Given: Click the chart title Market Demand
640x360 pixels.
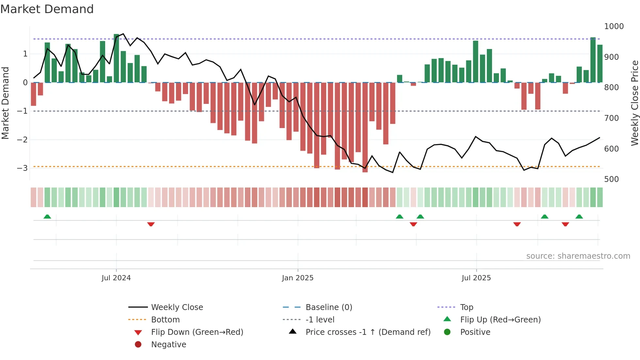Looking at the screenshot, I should pyautogui.click(x=47, y=9).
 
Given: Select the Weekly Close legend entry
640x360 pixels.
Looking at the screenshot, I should pyautogui.click(x=177, y=307).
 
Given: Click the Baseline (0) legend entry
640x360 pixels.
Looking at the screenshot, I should pyautogui.click(x=328, y=307).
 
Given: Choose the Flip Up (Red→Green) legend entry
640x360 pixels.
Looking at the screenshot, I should pyautogui.click(x=500, y=319).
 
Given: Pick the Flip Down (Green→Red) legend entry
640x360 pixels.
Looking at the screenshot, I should pyautogui.click(x=197, y=332).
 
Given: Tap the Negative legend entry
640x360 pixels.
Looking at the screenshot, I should pyautogui.click(x=168, y=344).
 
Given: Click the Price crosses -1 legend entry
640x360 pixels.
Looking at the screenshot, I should pyautogui.click(x=368, y=332).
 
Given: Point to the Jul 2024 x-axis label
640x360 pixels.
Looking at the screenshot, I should pyautogui.click(x=116, y=278).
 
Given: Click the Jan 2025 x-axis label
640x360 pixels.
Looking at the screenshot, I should pyautogui.click(x=297, y=278).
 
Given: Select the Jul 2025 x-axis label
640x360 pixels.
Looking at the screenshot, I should pyautogui.click(x=476, y=278).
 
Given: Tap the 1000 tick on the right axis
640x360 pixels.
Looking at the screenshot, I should pyautogui.click(x=614, y=26).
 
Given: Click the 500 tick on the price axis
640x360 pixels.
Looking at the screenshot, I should pyautogui.click(x=611, y=179).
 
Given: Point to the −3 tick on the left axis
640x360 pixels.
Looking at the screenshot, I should pyautogui.click(x=22, y=168).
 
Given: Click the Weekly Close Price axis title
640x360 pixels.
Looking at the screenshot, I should pyautogui.click(x=634, y=103).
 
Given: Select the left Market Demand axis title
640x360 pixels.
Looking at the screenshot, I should pyautogui.click(x=5, y=103).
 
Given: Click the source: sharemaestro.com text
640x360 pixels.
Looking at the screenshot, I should pyautogui.click(x=578, y=256).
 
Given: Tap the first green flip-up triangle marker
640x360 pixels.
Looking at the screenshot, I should pyautogui.click(x=47, y=217).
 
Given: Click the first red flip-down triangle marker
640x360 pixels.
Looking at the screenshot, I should pyautogui.click(x=151, y=224).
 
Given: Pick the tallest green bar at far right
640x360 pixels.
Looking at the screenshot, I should pyautogui.click(x=593, y=60).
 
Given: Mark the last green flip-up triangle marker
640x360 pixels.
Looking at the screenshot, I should pyautogui.click(x=579, y=217).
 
